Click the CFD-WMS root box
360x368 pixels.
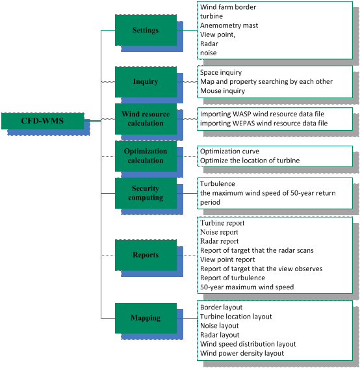coord(43,121)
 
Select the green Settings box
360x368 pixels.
coord(146,31)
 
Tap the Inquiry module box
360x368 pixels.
coord(146,82)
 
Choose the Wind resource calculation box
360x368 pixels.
coord(146,119)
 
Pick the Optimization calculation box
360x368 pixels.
coord(146,156)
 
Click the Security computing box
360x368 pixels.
coord(146,193)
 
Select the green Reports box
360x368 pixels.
coord(146,255)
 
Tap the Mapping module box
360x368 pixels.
coord(146,318)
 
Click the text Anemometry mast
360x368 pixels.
coord(229,25)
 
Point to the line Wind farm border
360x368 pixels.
coord(228,7)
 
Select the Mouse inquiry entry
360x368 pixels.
coord(223,91)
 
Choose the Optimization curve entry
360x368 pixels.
coord(229,151)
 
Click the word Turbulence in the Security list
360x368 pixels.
coord(218,184)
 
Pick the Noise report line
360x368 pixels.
coord(219,232)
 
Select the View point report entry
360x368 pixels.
coord(227,259)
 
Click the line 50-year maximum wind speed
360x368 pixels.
coord(247,287)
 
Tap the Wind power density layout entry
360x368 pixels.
coord(242,353)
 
